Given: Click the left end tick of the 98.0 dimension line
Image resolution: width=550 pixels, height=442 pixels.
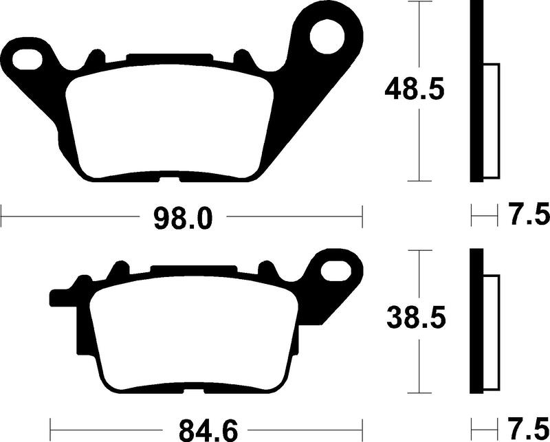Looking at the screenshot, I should (2, 218).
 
